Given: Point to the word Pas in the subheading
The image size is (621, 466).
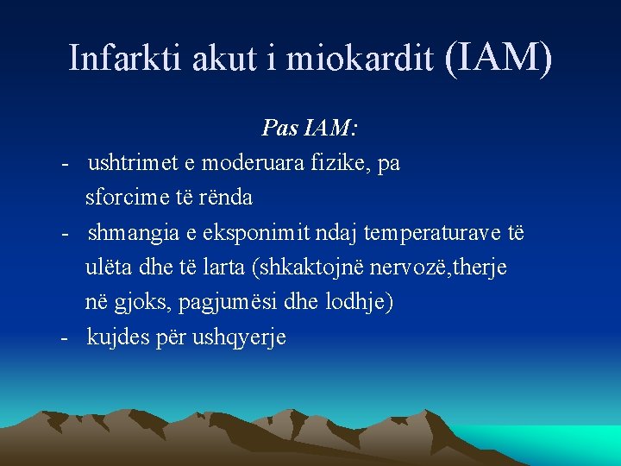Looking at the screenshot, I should pos(278,129).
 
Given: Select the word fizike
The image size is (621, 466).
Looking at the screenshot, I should pos(339,163).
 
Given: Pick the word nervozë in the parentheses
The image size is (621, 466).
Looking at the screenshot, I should pos(403,268).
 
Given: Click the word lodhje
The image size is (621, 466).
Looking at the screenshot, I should pos(366,303).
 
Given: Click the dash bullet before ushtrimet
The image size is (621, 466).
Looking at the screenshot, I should pos(66,164).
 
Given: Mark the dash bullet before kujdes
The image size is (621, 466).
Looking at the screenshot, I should pos(66,338).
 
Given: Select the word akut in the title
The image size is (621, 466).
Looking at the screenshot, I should pos(214,58).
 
